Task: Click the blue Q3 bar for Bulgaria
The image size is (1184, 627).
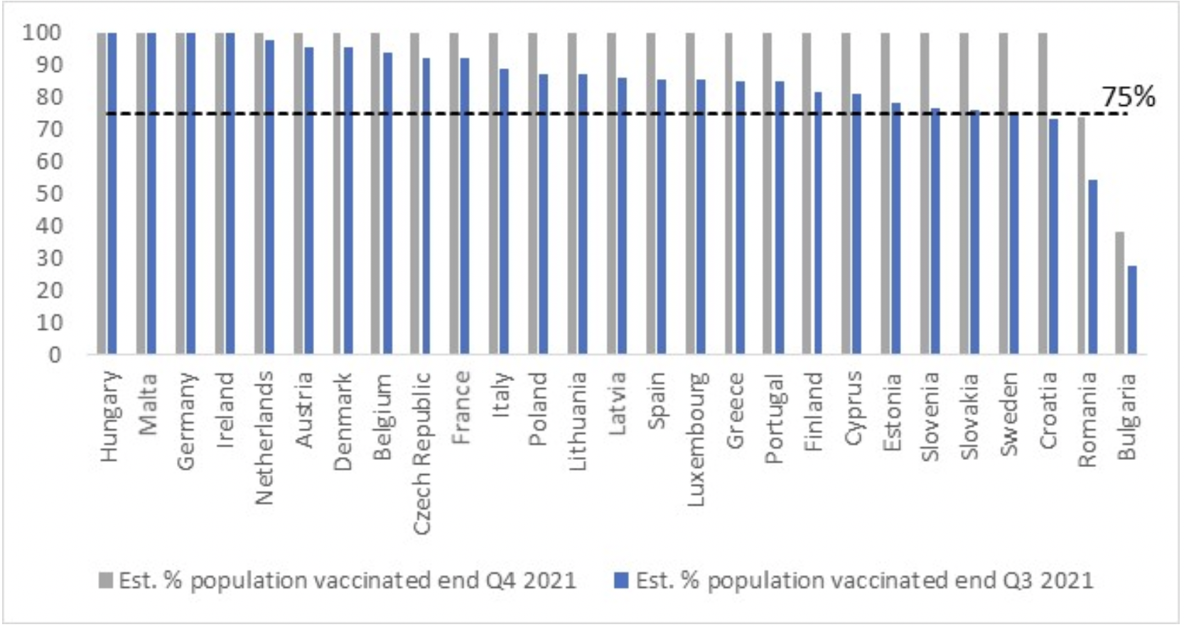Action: click(1132, 310)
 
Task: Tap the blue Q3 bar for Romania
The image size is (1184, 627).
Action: click(1093, 267)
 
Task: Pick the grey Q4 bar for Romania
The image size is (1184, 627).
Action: click(1081, 235)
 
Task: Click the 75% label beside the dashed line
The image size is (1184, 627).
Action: click(1129, 97)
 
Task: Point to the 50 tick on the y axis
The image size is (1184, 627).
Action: click(49, 193)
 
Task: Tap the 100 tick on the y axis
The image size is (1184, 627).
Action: click(42, 33)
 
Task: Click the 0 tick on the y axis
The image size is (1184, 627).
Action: click(55, 355)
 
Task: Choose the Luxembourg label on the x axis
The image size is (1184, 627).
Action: click(696, 439)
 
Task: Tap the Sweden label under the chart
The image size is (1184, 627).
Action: click(1009, 414)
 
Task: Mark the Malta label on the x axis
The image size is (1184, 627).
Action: click(148, 404)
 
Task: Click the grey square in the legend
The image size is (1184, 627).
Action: click(106, 581)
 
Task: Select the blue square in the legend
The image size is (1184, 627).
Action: click(622, 581)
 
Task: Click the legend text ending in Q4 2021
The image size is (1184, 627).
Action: click(348, 581)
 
